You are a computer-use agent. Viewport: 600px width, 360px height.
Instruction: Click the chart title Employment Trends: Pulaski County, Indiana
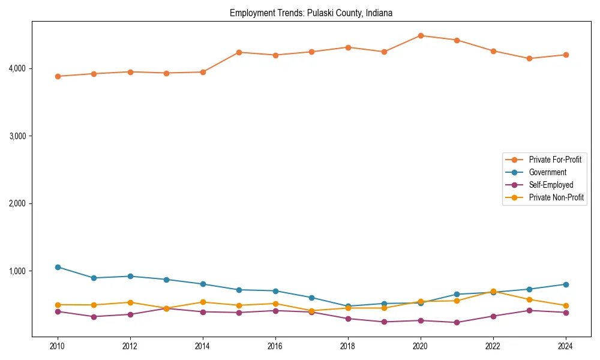coord(311,13)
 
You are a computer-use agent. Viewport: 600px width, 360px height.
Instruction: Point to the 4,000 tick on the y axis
coord(18,68)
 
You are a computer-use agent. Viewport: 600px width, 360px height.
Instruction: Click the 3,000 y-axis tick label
coord(18,136)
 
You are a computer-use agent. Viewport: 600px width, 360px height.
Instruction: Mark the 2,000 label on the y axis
coord(18,204)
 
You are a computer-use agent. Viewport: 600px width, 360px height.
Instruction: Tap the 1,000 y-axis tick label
coord(18,271)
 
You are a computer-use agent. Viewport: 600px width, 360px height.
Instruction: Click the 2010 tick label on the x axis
coord(58,346)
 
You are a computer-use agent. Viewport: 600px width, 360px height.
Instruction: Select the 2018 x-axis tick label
coord(348,346)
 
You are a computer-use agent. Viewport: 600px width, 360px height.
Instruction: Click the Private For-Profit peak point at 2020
coord(421,35)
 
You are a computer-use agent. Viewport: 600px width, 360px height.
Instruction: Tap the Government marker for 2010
coord(58,267)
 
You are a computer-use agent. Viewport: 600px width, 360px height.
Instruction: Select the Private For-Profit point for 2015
coord(239,52)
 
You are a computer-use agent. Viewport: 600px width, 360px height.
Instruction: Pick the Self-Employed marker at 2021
coord(457,323)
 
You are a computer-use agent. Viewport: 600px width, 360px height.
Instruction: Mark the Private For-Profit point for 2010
coord(58,76)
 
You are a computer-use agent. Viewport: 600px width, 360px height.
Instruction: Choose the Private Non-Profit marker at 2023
coord(529,299)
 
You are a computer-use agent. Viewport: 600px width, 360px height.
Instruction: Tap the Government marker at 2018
coord(348,307)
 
